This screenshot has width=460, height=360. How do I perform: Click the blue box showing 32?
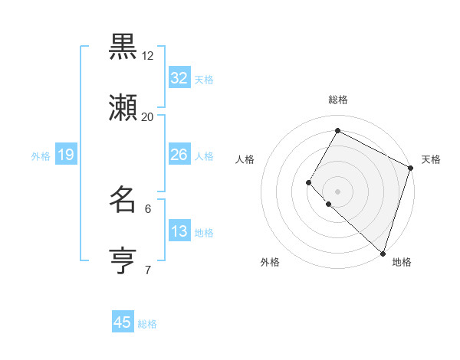click(179, 78)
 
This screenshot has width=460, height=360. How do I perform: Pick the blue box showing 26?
click(179, 155)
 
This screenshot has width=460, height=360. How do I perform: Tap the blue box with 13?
click(179, 231)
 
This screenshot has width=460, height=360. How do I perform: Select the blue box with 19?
click(66, 155)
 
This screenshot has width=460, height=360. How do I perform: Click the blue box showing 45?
click(123, 322)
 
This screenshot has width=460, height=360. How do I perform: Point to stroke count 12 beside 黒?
click(148, 56)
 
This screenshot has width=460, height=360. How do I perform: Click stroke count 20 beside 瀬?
click(148, 117)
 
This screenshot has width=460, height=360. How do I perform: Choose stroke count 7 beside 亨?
click(148, 270)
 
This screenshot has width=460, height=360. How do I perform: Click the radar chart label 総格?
click(337, 100)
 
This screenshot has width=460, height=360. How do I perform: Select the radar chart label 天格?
click(431, 159)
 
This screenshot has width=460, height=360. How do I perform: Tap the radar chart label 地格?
click(402, 262)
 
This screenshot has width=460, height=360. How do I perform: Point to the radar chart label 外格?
click(270, 262)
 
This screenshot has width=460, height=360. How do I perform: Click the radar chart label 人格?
click(245, 159)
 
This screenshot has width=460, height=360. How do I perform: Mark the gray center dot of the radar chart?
click(337, 190)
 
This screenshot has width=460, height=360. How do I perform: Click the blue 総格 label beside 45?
click(147, 324)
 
